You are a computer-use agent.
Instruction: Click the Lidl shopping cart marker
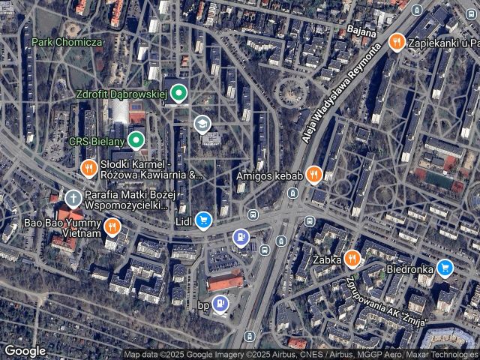[x=202, y=220]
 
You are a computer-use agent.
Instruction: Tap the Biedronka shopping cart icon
[x=445, y=268]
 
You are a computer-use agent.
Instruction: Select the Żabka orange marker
[x=352, y=260]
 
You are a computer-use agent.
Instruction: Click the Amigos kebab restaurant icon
[x=314, y=175]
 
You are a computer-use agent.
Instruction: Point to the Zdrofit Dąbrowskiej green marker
[x=178, y=94]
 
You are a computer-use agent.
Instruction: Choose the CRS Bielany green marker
[x=136, y=140]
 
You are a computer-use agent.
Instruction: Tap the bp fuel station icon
[x=220, y=304]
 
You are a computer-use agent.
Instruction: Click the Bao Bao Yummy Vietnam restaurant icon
[x=112, y=226]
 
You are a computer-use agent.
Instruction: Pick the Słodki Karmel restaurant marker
[x=88, y=169]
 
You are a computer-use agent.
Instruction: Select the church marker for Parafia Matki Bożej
[x=73, y=199]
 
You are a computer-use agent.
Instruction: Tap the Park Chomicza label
[x=66, y=42]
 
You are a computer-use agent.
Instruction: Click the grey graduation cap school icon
[x=201, y=123]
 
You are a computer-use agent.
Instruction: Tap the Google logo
[x=25, y=350]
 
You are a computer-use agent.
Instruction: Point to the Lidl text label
[x=182, y=220]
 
